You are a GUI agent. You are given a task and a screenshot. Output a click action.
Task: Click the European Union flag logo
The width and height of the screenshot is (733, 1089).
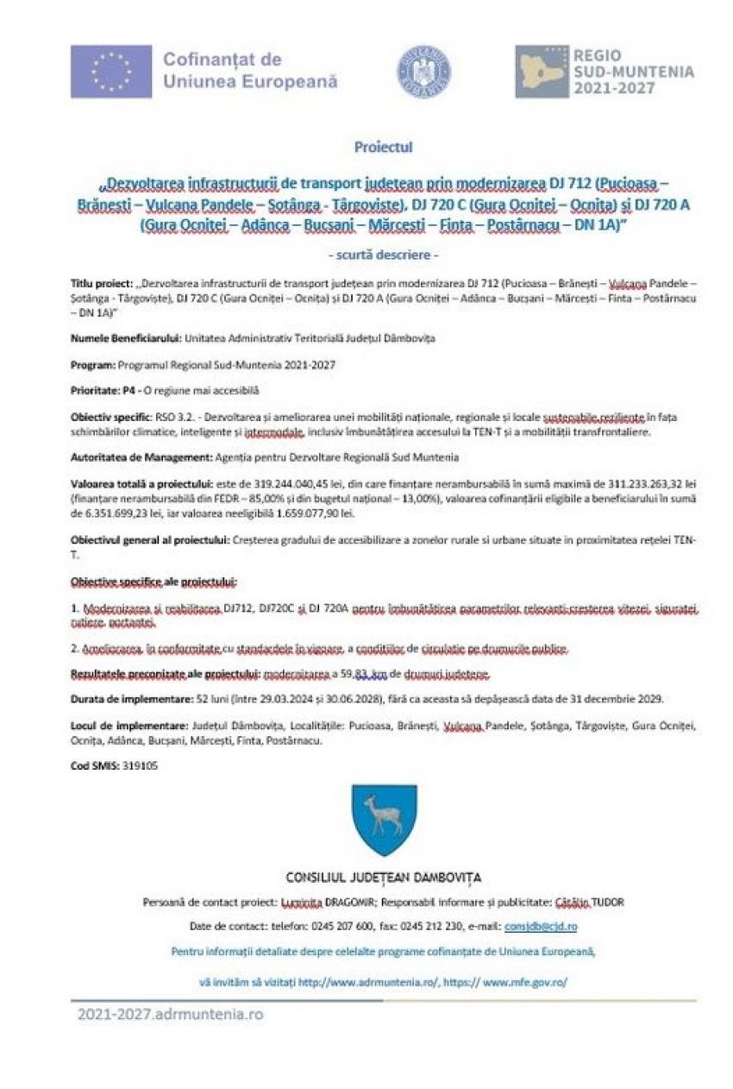tap(111, 72)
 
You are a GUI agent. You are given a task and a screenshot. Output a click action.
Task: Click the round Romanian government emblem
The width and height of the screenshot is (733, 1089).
tap(423, 71)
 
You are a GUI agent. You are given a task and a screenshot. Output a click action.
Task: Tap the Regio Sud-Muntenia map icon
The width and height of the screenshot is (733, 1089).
tap(542, 72)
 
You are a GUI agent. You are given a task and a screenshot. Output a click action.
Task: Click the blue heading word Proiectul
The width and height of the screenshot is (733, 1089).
tap(383, 147)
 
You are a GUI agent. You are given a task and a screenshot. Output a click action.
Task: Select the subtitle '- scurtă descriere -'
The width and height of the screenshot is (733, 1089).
tap(384, 255)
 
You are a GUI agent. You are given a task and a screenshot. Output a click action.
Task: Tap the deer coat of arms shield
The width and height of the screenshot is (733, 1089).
tap(384, 821)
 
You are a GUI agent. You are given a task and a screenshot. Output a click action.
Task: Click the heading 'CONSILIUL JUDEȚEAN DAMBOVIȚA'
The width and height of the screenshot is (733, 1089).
tap(384, 878)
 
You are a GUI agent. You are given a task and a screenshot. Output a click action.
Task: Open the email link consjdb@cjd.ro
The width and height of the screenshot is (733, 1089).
tap(541, 926)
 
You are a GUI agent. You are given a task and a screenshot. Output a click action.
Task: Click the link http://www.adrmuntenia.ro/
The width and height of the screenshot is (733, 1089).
tap(369, 982)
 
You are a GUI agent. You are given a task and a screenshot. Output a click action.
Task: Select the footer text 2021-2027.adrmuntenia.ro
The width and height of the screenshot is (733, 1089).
tap(169, 1015)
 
